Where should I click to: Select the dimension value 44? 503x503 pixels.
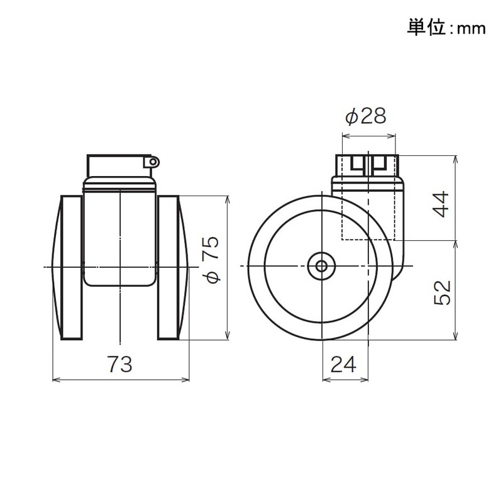point(443,203)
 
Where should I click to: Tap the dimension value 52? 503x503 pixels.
point(443,292)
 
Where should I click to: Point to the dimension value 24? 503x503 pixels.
point(345,363)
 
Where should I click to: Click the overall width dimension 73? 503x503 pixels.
point(119,363)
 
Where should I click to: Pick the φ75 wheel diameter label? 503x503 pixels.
point(211,260)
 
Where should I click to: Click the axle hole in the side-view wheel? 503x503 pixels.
point(321,266)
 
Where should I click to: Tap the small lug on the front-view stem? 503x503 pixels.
point(152,163)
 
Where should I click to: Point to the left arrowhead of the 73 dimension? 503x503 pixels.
point(54,379)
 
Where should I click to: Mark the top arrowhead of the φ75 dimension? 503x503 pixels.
point(228,198)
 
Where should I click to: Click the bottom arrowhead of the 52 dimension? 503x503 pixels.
point(455,337)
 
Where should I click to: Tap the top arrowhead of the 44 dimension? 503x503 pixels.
point(455,158)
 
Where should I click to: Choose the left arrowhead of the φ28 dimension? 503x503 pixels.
point(343,135)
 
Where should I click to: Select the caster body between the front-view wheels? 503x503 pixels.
point(119,233)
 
